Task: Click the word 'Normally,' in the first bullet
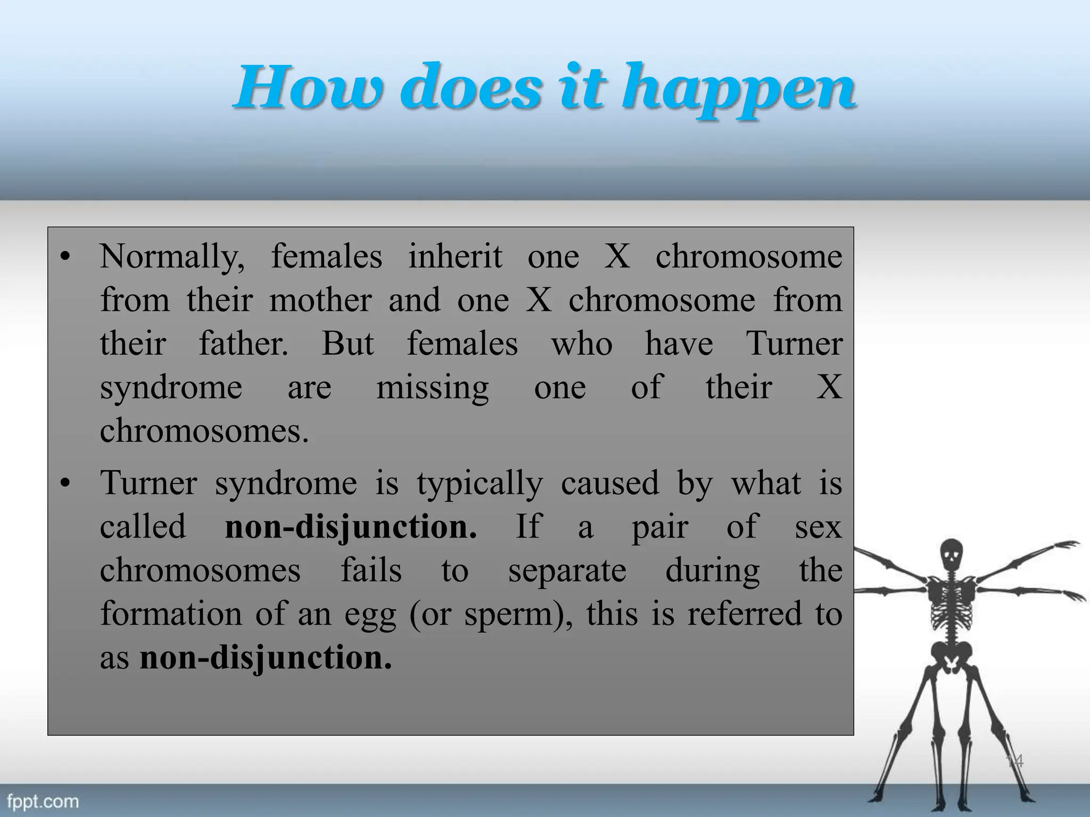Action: (172, 257)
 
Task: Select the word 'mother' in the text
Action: (320, 300)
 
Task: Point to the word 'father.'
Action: (243, 344)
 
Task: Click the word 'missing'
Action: (432, 388)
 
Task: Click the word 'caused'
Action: (609, 483)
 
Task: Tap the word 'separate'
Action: (567, 571)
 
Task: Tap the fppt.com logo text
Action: (43, 802)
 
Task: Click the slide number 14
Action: (1014, 761)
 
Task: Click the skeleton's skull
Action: (952, 555)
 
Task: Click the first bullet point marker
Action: (65, 258)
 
